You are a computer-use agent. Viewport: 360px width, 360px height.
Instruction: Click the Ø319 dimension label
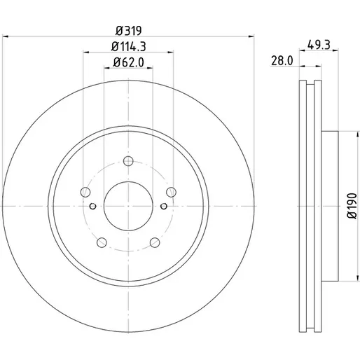(x=128, y=31)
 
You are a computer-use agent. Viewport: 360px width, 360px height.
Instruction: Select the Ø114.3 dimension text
(x=128, y=46)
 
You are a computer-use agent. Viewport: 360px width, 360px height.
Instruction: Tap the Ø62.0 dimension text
(x=128, y=62)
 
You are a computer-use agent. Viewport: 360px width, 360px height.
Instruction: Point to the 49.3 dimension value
(x=319, y=45)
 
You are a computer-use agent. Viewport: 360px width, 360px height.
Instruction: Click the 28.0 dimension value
(x=282, y=61)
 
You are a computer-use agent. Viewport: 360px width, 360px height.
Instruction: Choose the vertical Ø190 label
(x=352, y=206)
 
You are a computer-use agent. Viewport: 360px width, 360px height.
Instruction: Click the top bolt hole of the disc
(x=128, y=161)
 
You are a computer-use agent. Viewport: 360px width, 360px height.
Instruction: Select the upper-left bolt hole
(x=85, y=192)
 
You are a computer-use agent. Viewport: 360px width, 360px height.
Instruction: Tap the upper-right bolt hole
(x=171, y=192)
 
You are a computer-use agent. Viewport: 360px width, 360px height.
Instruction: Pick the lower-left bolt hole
(x=102, y=242)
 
